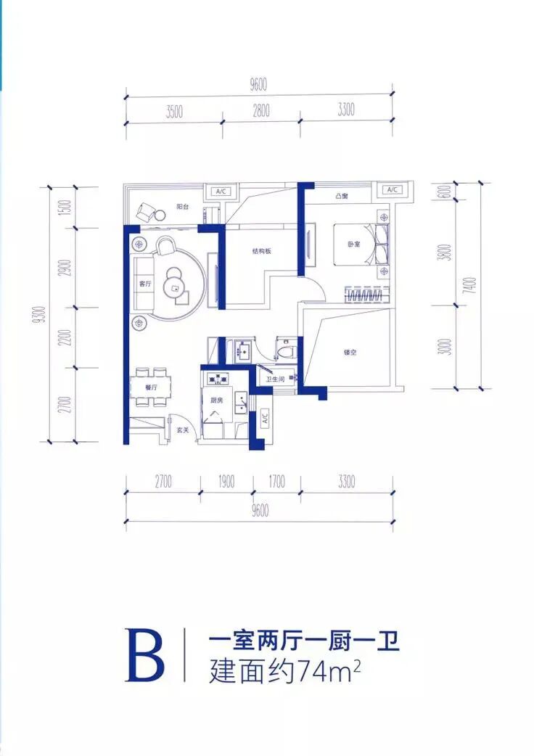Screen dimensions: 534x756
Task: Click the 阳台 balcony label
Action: [x=183, y=207]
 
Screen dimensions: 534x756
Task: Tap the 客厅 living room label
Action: [x=144, y=284]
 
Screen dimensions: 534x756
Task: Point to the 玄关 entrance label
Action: [x=183, y=430]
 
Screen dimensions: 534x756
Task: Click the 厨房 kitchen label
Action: [x=217, y=400]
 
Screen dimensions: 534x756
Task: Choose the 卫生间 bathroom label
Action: [x=274, y=379]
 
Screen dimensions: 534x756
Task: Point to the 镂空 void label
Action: [x=350, y=353]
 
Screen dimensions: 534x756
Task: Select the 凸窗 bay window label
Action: [x=342, y=197]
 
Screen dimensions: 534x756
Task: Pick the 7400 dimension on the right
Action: [x=472, y=284]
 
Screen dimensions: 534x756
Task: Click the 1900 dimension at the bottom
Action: [x=226, y=480]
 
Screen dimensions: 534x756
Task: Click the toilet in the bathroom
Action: [x=286, y=351]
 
